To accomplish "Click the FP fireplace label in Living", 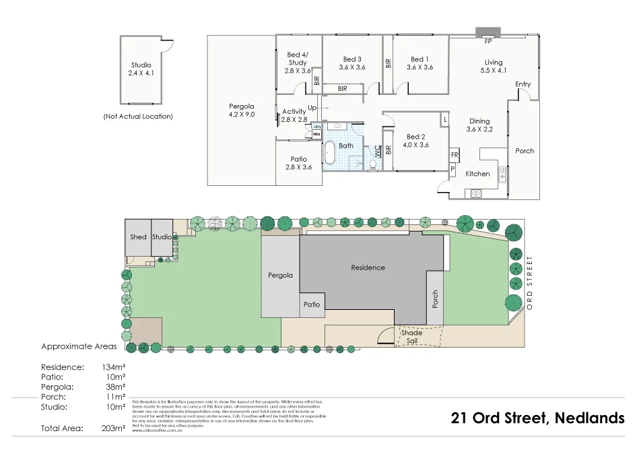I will (487, 41).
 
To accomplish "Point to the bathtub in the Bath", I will (329, 153).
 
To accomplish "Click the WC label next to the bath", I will (378, 152).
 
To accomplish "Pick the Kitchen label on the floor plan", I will (478, 174).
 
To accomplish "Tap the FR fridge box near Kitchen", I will (455, 156).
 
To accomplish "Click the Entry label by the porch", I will (523, 84).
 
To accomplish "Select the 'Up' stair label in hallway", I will (312, 108).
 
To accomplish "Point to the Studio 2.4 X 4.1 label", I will (141, 68).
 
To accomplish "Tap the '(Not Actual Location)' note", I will (138, 117).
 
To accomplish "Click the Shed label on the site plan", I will (138, 237).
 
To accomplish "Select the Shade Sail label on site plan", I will (411, 337).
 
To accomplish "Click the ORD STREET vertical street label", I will (529, 282).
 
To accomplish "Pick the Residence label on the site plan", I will (368, 267).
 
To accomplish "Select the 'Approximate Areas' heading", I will (79, 347).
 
